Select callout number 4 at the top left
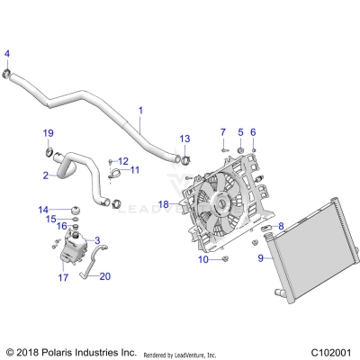[7, 52]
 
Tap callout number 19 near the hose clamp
[49, 133]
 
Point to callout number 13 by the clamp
[184, 139]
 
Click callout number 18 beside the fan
[163, 204]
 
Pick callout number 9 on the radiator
[261, 258]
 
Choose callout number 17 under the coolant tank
[63, 278]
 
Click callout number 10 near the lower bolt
[203, 259]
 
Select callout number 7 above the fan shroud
[222, 132]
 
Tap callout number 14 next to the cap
[42, 209]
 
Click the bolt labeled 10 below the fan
[225, 259]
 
